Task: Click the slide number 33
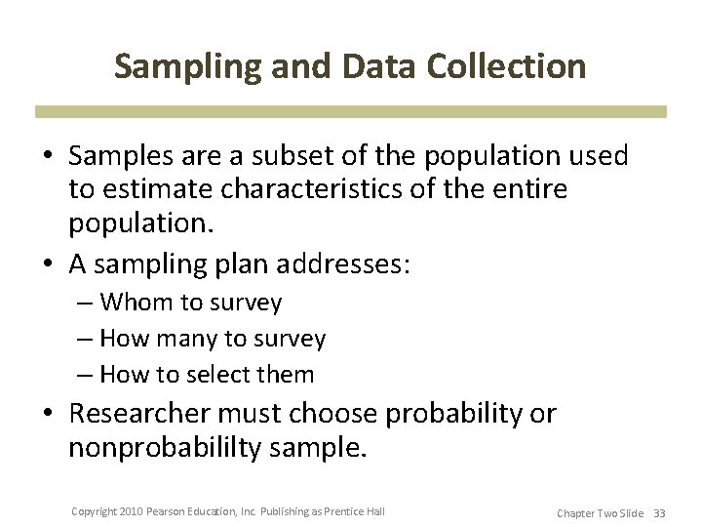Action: click(x=659, y=513)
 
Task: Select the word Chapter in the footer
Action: click(x=577, y=513)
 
